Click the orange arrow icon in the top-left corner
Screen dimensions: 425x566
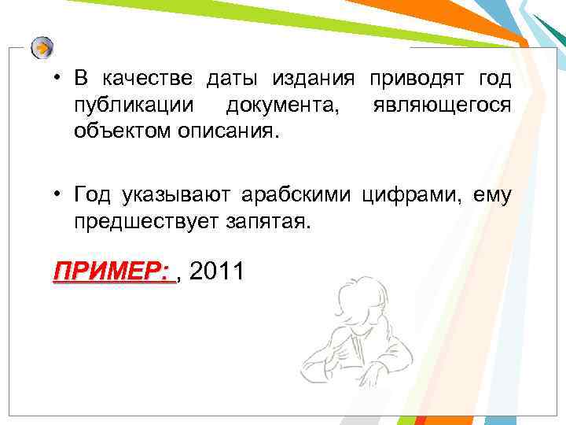click(x=42, y=48)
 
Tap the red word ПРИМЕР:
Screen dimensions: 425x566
click(x=110, y=272)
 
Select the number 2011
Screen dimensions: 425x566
click(x=217, y=272)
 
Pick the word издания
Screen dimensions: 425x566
click(x=314, y=79)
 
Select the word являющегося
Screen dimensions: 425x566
click(x=444, y=104)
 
